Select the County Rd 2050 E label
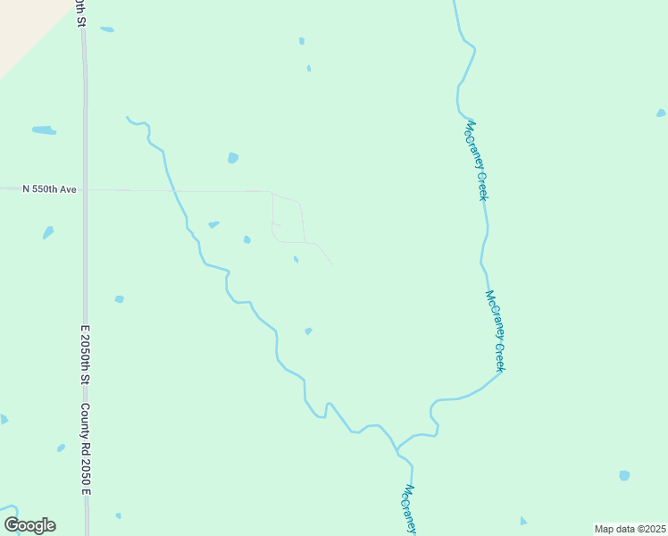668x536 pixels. point(86,449)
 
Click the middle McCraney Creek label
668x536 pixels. point(496,331)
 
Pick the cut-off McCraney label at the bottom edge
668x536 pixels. point(409,509)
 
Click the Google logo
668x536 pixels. point(29,524)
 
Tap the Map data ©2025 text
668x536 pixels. point(630,529)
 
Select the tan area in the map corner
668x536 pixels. point(22,27)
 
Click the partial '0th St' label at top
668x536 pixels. point(81,12)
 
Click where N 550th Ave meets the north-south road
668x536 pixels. point(86,189)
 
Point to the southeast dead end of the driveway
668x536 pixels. point(332,264)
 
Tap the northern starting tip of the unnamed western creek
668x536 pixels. point(128,117)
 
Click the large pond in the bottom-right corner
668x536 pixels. point(624,475)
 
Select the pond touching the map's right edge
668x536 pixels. point(661,113)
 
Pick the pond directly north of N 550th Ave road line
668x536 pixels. point(233,158)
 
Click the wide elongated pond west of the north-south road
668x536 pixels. point(44,130)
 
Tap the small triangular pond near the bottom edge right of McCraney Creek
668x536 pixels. point(523,521)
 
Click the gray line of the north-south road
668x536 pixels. point(85,268)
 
